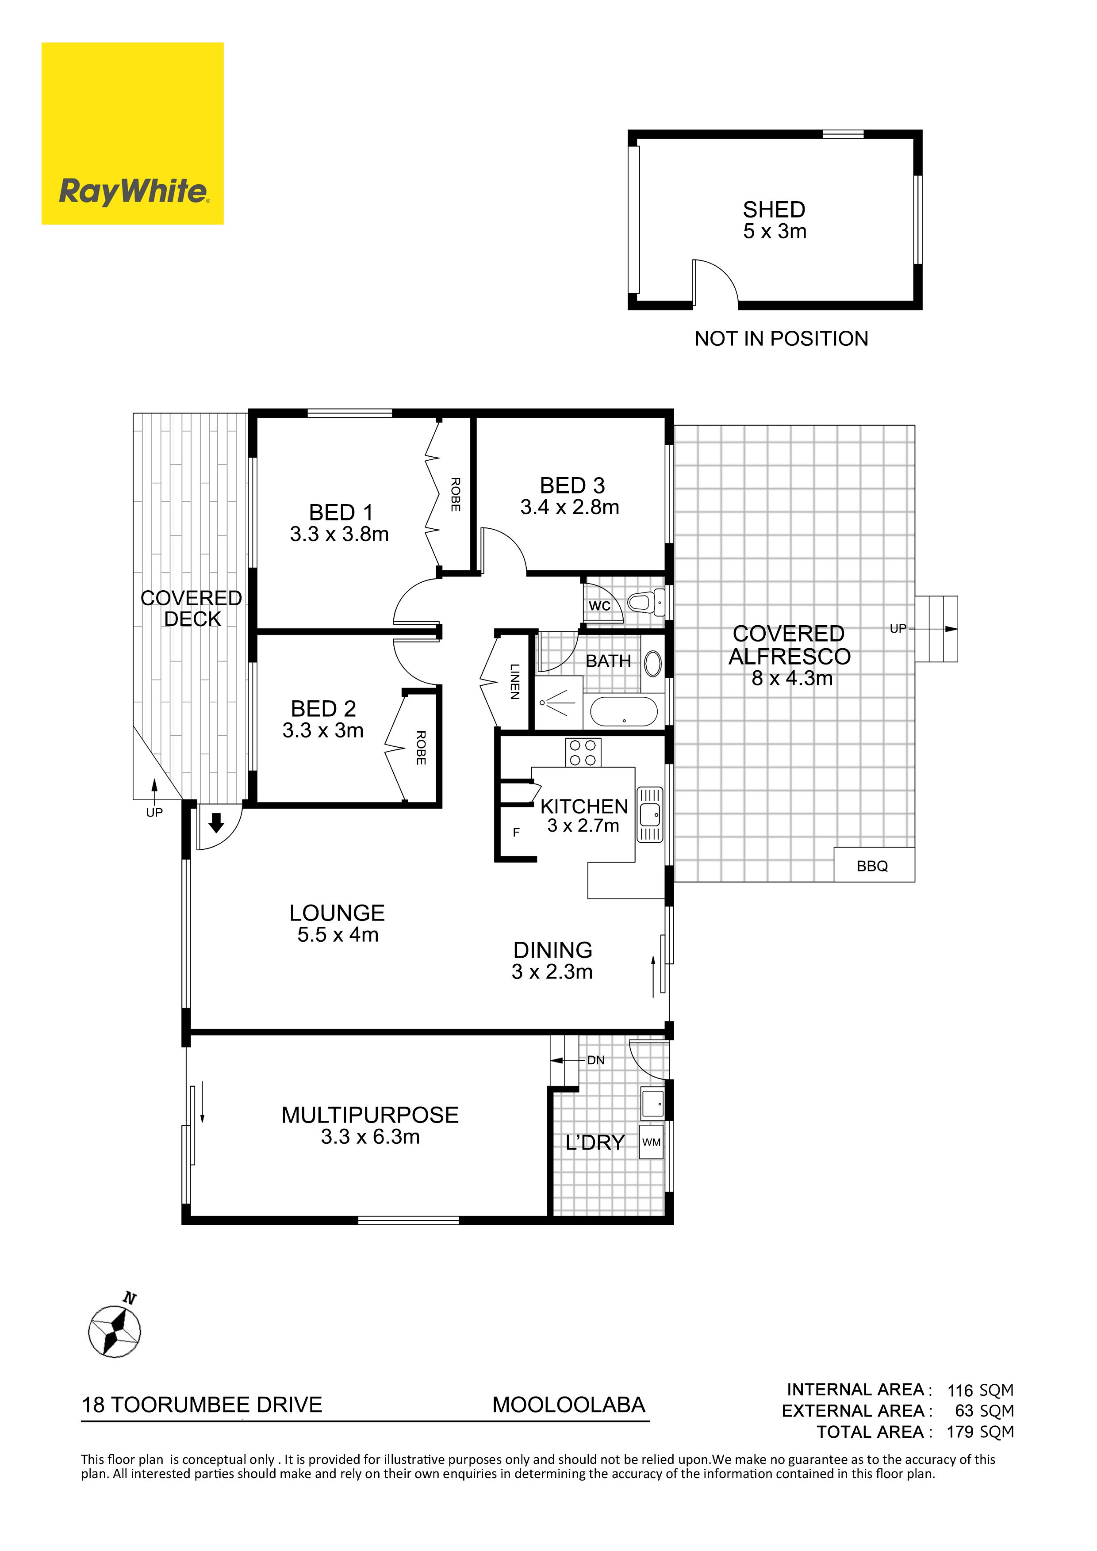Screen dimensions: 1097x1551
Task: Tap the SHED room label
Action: pos(774,210)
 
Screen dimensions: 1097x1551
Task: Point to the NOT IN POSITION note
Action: pos(781,338)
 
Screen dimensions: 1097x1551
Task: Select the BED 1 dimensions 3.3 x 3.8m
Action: pos(339,535)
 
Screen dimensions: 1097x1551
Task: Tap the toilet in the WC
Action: pos(647,601)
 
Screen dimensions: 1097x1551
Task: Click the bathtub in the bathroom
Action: pos(624,711)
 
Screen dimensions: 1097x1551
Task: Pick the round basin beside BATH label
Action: pos(653,663)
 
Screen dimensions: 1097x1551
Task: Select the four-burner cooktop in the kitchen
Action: pos(583,753)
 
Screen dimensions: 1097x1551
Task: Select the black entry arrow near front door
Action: pos(216,823)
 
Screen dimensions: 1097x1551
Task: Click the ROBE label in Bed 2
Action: pos(421,748)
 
